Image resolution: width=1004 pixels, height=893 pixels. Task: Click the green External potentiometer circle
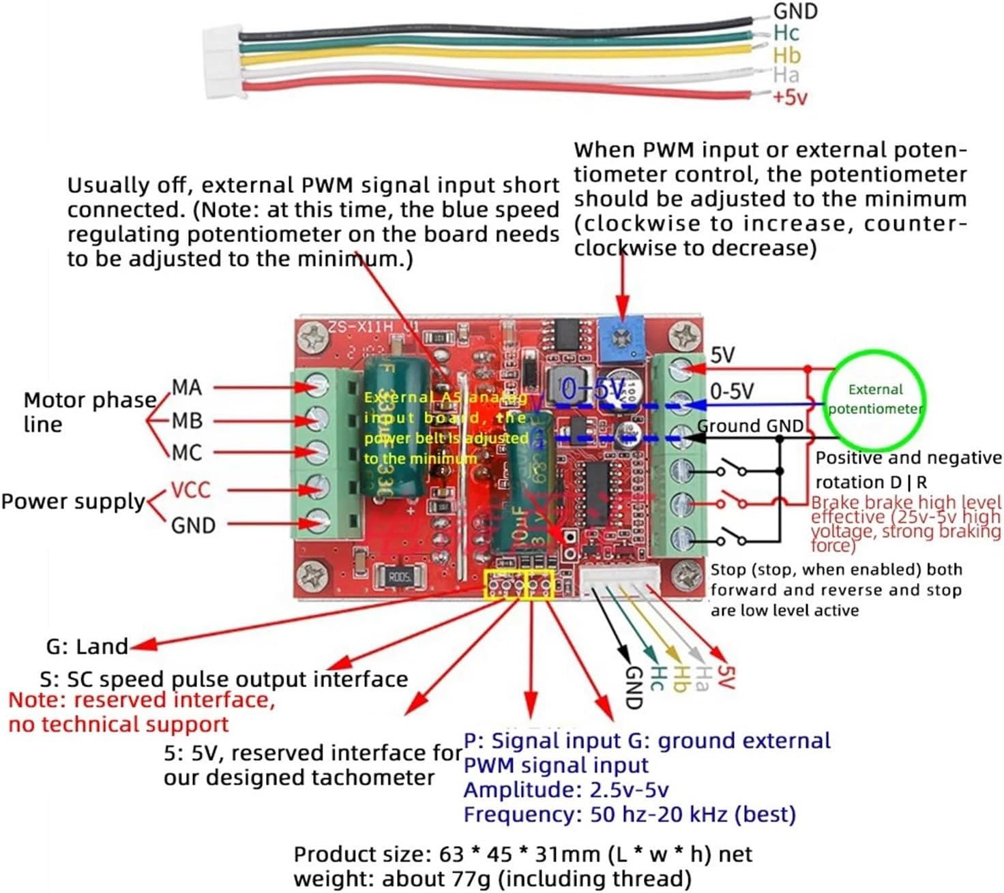tap(874, 399)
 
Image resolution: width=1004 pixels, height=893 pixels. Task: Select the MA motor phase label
tap(187, 387)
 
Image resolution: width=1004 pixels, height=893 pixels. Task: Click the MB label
tap(187, 421)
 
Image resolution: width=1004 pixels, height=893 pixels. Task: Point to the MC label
tap(187, 453)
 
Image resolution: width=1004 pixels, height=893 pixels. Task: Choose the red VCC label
tap(190, 489)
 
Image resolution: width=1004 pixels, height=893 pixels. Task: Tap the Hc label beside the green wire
tap(786, 33)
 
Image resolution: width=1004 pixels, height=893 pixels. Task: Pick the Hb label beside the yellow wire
tap(786, 55)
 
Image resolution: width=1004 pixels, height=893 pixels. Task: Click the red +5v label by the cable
tap(790, 97)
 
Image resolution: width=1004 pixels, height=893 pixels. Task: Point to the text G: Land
tap(87, 646)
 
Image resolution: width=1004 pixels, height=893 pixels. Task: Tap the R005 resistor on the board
tap(400, 577)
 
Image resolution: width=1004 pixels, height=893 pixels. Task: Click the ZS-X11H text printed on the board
tap(361, 327)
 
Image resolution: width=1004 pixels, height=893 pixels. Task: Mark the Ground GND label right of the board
tap(750, 426)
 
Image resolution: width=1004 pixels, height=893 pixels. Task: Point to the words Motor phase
tap(90, 399)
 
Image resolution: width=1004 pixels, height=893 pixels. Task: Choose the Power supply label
tap(73, 502)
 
